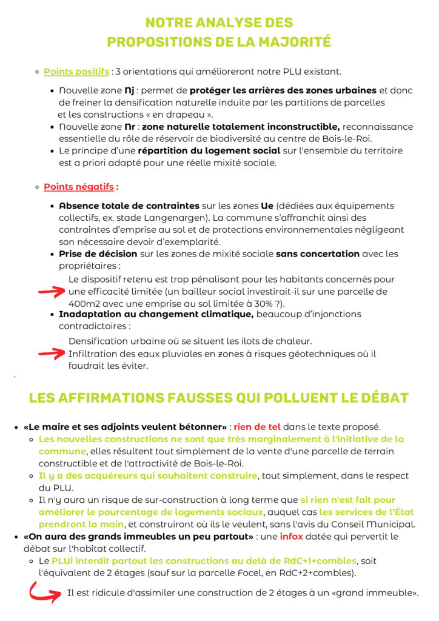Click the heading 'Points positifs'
click(76, 72)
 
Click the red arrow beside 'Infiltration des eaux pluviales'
click(51, 353)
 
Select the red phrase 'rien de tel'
click(257, 427)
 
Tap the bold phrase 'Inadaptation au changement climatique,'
click(156, 314)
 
